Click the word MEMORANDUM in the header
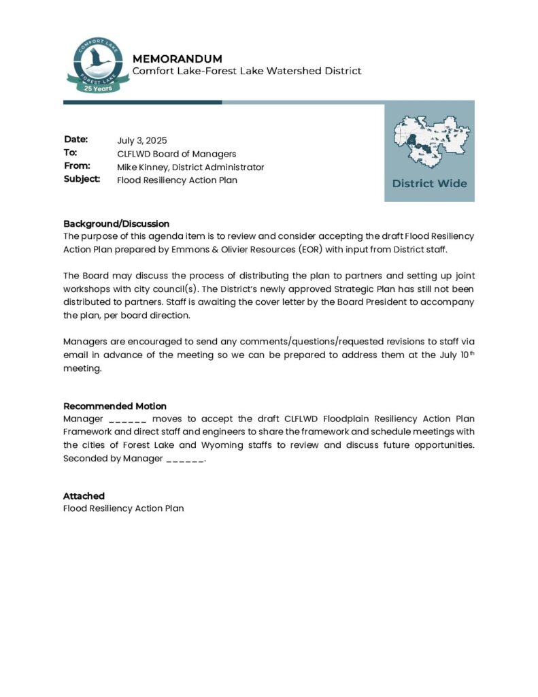click(177, 59)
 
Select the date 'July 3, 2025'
click(141, 140)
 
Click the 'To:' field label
click(71, 153)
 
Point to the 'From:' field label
click(77, 166)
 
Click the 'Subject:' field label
click(82, 180)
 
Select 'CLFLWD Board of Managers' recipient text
click(176, 154)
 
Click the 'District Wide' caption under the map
click(429, 183)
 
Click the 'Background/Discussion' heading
click(116, 223)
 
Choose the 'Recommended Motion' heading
click(115, 406)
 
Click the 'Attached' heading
click(84, 496)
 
